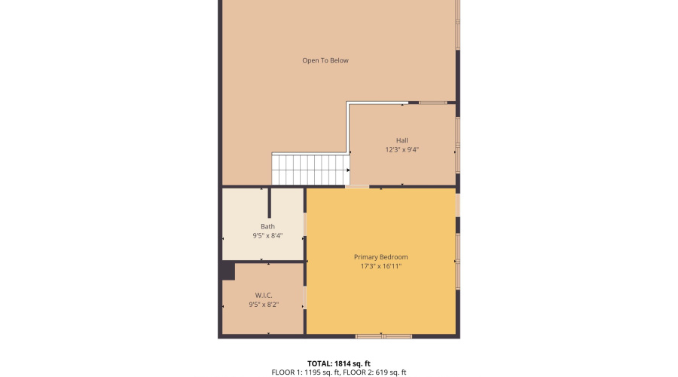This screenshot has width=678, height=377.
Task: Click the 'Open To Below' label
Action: coord(325,60)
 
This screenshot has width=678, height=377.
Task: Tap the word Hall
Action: coord(402,140)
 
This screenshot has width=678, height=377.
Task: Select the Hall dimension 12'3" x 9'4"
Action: coord(402,149)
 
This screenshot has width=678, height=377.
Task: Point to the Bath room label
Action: coord(267,226)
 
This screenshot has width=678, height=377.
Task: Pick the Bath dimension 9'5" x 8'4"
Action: coord(267,235)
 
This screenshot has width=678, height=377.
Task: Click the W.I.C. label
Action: coord(263,295)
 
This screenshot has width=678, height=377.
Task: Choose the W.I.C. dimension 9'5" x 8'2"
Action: coord(263,305)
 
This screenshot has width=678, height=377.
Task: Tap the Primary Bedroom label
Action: coord(380,257)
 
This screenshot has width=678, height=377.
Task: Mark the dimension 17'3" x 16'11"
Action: coord(380,266)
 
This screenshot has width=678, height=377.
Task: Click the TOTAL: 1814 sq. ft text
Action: coord(339,363)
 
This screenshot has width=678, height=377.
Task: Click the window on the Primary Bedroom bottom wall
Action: coord(383,336)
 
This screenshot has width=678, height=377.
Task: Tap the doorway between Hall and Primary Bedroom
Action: coord(357,186)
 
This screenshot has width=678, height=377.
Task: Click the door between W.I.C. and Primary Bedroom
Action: coord(304,296)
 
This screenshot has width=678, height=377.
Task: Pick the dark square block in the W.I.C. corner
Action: coord(228,271)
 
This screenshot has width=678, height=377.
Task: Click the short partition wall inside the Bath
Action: coord(269,203)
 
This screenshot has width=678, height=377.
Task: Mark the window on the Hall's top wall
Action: coord(432,103)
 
